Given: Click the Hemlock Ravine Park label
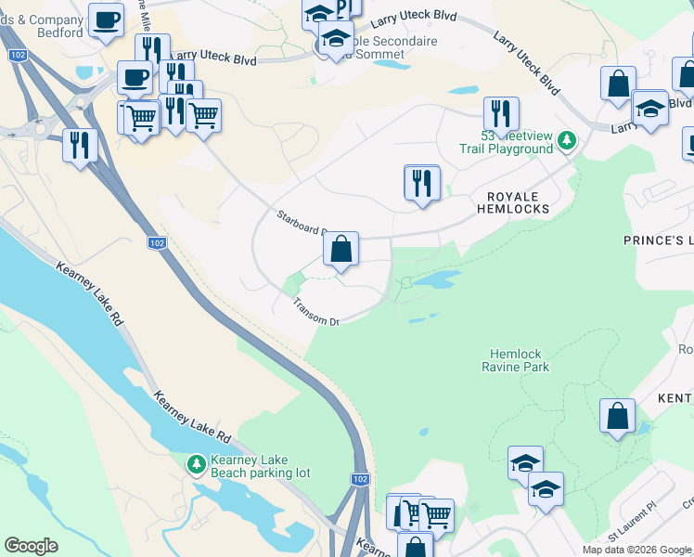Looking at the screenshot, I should click(518, 360).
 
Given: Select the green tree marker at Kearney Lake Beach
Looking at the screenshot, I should click(196, 463).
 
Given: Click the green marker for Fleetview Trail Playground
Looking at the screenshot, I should click(566, 141).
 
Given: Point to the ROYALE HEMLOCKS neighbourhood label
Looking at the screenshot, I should click(513, 202).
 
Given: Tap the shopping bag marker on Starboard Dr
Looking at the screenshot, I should click(341, 250).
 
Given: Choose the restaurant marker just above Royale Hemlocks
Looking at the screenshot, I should click(422, 183).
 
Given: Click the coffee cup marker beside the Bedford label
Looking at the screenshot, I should click(107, 20).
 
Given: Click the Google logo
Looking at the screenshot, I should click(31, 546).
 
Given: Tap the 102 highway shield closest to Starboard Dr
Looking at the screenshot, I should click(158, 243).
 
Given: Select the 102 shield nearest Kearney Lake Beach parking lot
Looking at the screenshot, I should click(361, 479).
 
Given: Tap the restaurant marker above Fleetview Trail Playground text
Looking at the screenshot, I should click(501, 114).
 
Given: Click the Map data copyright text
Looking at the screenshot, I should click(636, 550).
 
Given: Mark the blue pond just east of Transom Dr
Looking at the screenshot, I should click(434, 279).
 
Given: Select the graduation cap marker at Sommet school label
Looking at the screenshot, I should click(336, 39).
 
